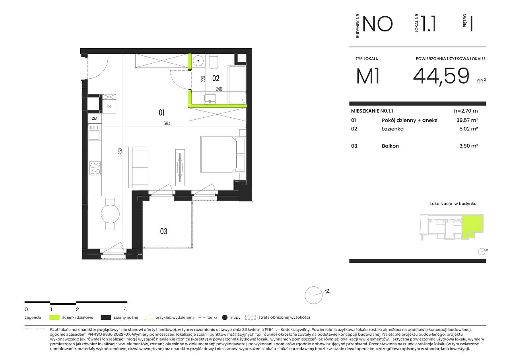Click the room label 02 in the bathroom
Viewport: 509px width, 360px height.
[x=216, y=78]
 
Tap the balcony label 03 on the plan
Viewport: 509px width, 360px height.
[x=163, y=232]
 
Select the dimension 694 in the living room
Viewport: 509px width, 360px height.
[x=167, y=123]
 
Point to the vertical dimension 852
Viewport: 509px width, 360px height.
[x=120, y=152]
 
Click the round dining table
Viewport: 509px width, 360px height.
[x=110, y=214]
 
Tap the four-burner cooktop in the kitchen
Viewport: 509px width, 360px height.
[x=95, y=168]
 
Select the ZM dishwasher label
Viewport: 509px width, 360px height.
[x=95, y=119]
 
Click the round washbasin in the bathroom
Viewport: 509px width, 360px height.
[x=198, y=61]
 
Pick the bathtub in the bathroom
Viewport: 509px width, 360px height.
[x=237, y=84]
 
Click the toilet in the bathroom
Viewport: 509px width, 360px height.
[x=214, y=62]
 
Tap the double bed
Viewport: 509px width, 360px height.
[x=218, y=154]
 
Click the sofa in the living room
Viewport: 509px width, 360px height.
[x=138, y=167]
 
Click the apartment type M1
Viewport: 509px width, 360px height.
[x=368, y=76]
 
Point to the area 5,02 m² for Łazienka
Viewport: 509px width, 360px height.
[x=468, y=129]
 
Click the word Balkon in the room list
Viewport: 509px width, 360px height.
[x=390, y=146]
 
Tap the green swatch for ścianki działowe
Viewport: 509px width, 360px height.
[x=54, y=317]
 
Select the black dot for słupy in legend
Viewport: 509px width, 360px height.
[x=225, y=318]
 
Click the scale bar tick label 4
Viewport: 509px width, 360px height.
[x=125, y=309]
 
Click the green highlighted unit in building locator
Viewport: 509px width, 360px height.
[x=472, y=226]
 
